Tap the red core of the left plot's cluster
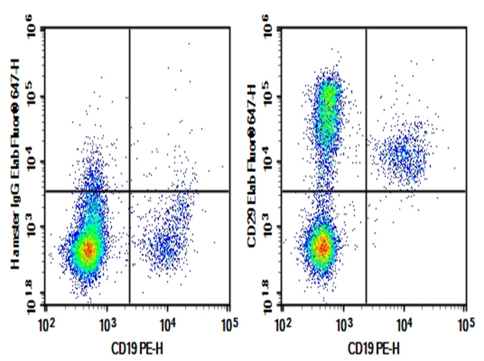[89, 248]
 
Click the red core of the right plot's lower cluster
[323, 245]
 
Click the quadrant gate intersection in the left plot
[129, 191]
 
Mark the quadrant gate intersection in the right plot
[366, 191]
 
